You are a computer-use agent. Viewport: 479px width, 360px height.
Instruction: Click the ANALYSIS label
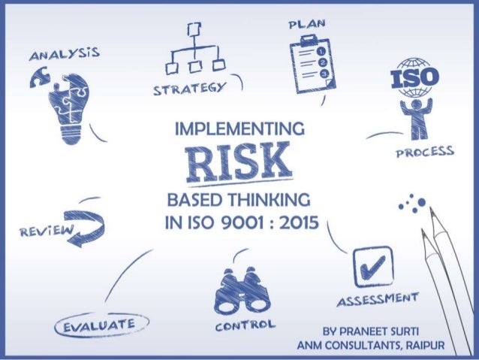61,56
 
